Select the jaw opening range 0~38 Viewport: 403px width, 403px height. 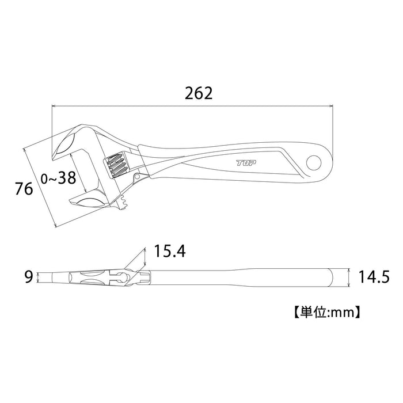(58, 178)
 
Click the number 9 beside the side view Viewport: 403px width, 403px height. (27, 277)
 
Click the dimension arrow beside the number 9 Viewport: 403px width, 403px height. (39, 277)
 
